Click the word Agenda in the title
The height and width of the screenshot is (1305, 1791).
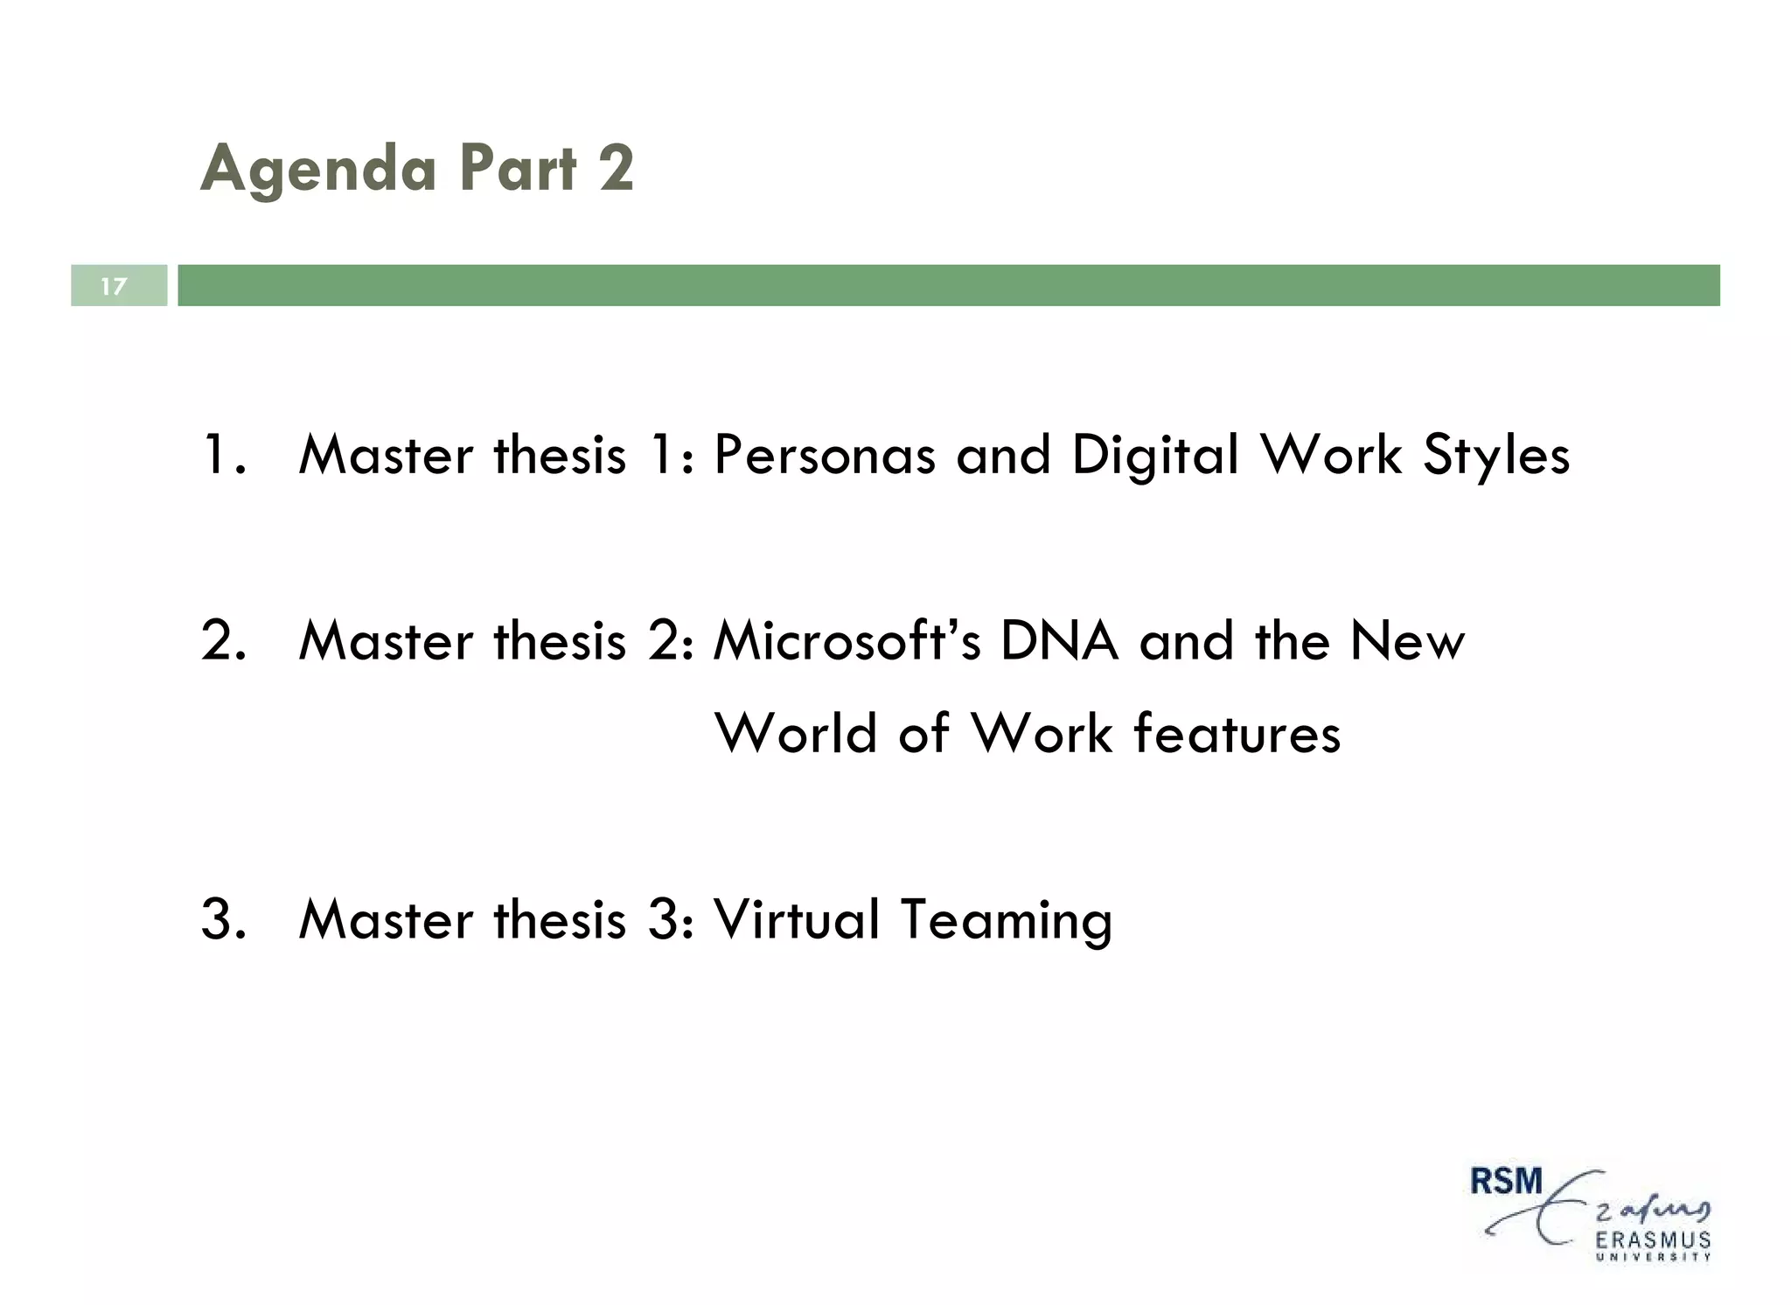(x=318, y=170)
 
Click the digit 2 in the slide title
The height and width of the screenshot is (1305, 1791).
(x=616, y=168)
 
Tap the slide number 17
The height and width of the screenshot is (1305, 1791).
(x=114, y=286)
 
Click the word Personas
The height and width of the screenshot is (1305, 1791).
(x=824, y=456)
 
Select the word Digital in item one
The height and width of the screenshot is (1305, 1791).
(x=1155, y=456)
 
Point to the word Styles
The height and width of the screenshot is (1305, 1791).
(x=1496, y=456)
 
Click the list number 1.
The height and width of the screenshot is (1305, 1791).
(x=218, y=456)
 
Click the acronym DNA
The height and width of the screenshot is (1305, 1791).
(x=1058, y=641)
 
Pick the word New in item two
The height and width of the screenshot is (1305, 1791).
(x=1406, y=641)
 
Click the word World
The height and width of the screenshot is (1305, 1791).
(x=796, y=733)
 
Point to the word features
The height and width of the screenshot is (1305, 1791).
(x=1237, y=733)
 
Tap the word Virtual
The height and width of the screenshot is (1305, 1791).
(x=797, y=920)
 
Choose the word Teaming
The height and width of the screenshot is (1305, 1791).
(x=1006, y=920)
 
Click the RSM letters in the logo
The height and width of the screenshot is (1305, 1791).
(x=1506, y=1182)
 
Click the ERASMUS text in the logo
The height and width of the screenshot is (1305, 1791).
(x=1653, y=1240)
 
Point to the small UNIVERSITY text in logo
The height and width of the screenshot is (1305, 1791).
(x=1653, y=1258)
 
